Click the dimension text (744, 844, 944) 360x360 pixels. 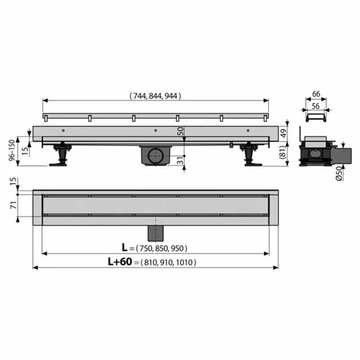[155, 95]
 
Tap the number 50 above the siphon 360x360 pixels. [181, 131]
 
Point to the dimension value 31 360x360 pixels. [181, 159]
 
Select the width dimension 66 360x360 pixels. [316, 94]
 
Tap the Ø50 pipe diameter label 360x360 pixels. [339, 173]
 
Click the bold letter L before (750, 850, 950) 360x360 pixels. [125, 247]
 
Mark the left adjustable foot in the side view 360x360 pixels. [60, 155]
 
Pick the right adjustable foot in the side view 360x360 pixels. [249, 155]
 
